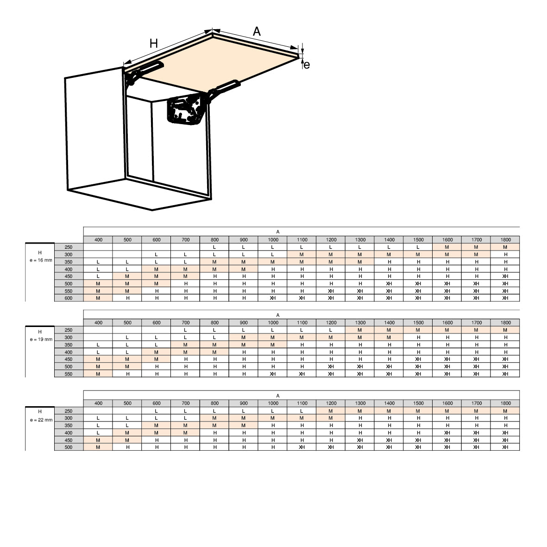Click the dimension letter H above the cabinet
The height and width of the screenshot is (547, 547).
[154, 44]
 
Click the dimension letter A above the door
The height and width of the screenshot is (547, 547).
[257, 31]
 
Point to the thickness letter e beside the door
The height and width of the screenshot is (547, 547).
[307, 65]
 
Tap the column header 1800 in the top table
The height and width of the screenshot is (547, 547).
[505, 239]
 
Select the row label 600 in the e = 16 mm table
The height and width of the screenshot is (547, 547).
[69, 298]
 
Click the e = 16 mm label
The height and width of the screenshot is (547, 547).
[40, 260]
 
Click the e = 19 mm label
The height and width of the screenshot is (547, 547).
[40, 339]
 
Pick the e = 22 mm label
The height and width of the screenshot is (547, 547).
[40, 420]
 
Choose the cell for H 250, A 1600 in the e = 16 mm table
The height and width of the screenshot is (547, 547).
[447, 247]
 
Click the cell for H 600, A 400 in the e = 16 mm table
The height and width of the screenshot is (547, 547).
[98, 298]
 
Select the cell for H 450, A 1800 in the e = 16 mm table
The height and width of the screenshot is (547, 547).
[505, 276]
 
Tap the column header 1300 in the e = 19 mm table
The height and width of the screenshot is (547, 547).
[360, 322]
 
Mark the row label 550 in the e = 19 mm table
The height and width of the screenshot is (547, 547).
[69, 374]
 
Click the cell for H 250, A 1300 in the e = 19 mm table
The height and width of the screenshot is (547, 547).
[360, 330]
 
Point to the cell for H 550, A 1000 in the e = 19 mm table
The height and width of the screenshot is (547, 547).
[273, 374]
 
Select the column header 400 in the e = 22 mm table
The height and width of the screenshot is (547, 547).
[98, 403]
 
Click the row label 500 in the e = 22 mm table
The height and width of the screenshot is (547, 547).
[69, 447]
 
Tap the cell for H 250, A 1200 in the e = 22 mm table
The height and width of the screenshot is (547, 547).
[331, 411]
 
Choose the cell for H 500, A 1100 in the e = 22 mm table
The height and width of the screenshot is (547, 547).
[302, 447]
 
